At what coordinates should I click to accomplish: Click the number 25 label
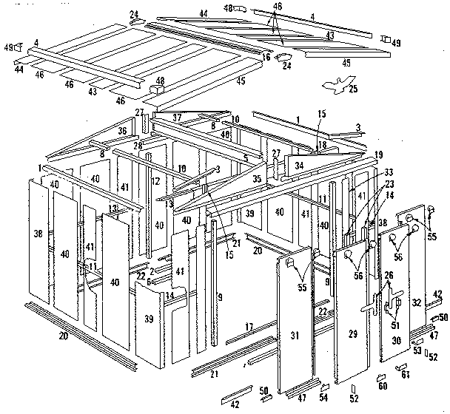pos(353,89)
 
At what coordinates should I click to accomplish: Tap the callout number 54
pos(324,397)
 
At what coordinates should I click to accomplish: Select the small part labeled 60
pos(382,386)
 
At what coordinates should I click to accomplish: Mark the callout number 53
pos(417,350)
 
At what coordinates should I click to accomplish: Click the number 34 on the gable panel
pos(298,166)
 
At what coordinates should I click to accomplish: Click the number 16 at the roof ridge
pos(266,56)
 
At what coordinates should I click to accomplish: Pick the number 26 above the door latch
pos(389,276)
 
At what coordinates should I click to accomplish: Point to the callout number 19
pos(378,155)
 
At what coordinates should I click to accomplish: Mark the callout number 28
pos(138,146)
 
